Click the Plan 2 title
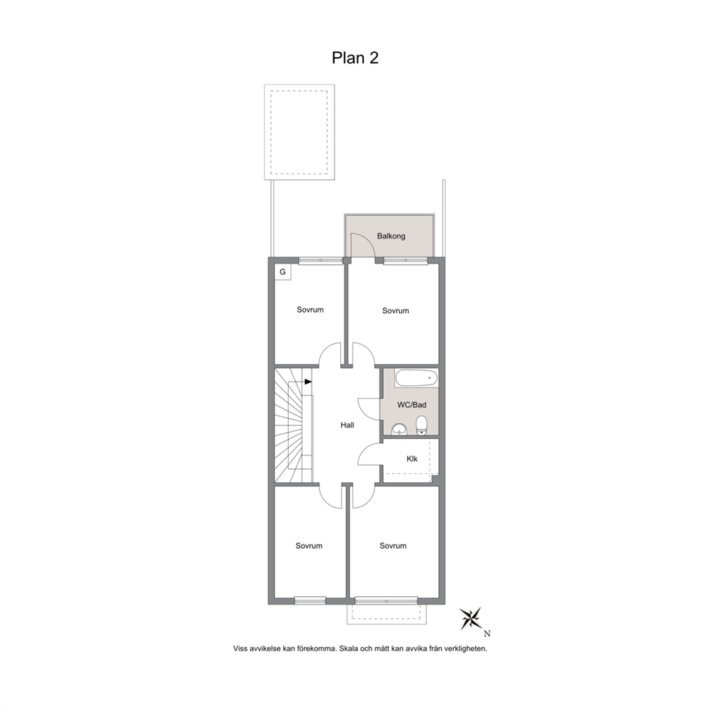tap(355, 58)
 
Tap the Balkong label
tap(391, 236)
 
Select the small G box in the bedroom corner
tap(282, 272)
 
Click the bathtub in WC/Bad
tap(417, 378)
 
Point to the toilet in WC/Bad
tap(422, 425)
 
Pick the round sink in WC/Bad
tap(399, 429)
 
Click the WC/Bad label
tap(412, 405)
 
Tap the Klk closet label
tap(412, 459)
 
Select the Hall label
tap(347, 425)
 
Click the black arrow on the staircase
tap(308, 382)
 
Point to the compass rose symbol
tap(471, 618)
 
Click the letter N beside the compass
tap(487, 633)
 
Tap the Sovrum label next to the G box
tap(310, 309)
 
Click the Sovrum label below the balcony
tap(396, 311)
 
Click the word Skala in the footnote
tap(348, 648)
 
